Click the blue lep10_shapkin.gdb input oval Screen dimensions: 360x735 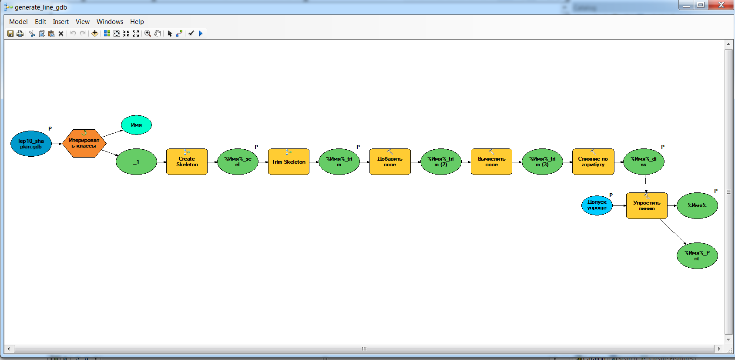click(x=31, y=144)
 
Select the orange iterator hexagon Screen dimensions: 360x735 click(x=84, y=143)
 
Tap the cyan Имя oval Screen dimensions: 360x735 click(x=136, y=125)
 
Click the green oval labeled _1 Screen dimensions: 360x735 click(x=136, y=162)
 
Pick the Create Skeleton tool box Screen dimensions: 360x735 click(x=187, y=162)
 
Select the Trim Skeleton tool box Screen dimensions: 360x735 click(x=289, y=162)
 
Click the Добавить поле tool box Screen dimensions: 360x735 click(x=390, y=162)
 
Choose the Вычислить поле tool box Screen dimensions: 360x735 click(x=491, y=162)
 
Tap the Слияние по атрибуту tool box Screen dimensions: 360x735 click(x=593, y=162)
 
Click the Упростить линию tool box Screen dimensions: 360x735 click(x=647, y=206)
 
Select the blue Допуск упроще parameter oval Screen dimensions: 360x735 click(x=597, y=205)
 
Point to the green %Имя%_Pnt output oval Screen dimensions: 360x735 click(x=697, y=256)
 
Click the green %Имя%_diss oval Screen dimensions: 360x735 click(x=644, y=162)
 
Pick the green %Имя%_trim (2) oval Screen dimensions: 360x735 click(x=440, y=162)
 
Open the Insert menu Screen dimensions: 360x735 click(x=60, y=22)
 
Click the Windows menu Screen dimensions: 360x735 click(x=110, y=22)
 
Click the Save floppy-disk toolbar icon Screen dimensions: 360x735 click(x=10, y=34)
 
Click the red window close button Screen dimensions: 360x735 click(x=721, y=5)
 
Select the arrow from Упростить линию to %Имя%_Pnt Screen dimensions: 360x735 click(x=673, y=231)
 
